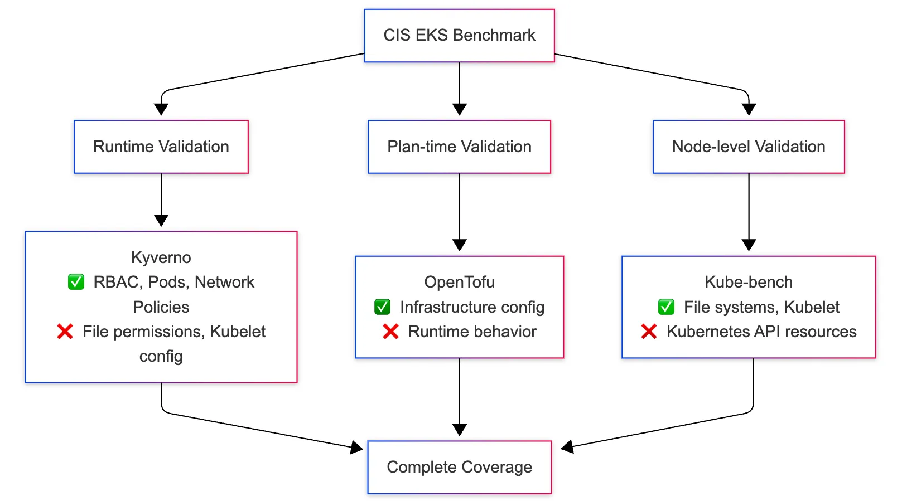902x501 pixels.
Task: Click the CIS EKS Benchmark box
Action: point(459,35)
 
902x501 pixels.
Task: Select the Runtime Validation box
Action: point(161,147)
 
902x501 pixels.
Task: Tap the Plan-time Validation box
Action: point(459,147)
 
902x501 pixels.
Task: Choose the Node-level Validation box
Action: point(748,147)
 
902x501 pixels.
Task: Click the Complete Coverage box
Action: point(459,467)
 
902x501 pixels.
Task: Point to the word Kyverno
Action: point(161,257)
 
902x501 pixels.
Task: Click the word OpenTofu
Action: point(459,282)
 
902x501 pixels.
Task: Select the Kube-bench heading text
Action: point(748,282)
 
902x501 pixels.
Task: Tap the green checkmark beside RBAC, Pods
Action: point(76,282)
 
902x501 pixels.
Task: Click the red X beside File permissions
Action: point(65,332)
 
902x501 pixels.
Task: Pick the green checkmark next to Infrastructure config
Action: point(382,307)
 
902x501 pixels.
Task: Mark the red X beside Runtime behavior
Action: point(390,332)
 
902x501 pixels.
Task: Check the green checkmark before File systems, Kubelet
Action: point(666,307)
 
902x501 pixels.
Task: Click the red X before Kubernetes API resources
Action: point(649,332)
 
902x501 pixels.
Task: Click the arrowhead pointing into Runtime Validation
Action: point(161,109)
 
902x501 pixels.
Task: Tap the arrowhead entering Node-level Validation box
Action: point(749,109)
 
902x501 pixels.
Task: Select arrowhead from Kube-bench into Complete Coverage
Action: point(567,446)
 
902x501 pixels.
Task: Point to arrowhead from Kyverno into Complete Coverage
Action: point(356,446)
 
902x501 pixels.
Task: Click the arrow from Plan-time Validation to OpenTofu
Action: point(459,212)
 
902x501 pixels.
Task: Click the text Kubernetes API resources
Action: point(761,332)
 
